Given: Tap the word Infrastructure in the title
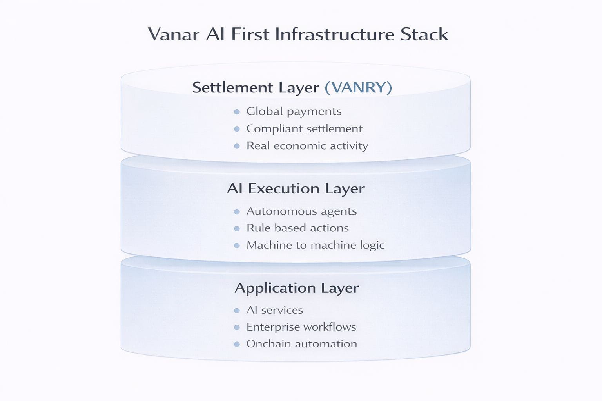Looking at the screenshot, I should point(335,34).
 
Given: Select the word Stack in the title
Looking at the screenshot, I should point(424,34).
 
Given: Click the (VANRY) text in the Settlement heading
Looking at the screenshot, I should point(358,87).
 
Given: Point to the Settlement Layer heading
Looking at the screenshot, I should point(256,87).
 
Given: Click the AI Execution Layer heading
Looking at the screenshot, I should point(296,189).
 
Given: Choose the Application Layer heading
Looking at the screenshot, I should point(297,288).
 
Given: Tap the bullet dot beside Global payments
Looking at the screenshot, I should point(237,112).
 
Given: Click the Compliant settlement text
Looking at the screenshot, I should point(304,129).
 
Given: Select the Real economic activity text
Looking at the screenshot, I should point(307,146).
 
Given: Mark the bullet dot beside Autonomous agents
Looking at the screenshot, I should point(237,212).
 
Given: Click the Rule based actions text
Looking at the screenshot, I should point(297,228).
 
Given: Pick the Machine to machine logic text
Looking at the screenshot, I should point(315,245).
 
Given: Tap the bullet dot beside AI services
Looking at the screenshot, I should point(237,311).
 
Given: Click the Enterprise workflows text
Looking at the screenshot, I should point(301,327).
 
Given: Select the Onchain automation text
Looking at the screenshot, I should point(301,344).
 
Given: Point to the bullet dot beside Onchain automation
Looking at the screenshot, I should point(237,345).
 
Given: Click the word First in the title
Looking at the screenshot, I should point(250,34).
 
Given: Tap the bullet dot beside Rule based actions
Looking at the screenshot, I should point(237,229).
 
